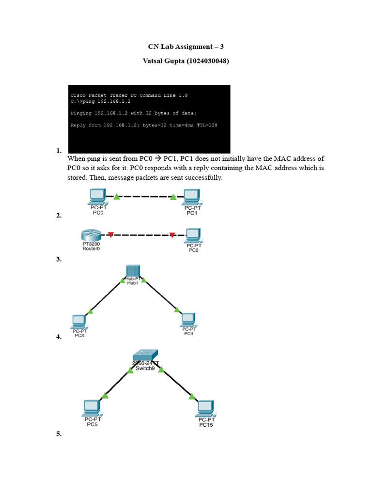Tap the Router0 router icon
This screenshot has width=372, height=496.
(91, 235)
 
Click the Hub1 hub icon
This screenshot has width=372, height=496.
(133, 271)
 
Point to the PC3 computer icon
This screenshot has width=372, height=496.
(79, 322)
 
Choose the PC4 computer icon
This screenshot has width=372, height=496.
(188, 320)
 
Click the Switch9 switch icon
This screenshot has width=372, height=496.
(145, 356)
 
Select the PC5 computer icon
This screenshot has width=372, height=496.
(92, 408)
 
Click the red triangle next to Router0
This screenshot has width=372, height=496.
(111, 235)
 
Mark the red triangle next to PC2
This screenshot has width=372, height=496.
(172, 235)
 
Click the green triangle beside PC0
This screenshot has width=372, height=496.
(117, 197)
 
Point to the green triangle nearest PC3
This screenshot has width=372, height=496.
(90, 311)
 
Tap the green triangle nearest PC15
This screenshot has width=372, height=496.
(192, 396)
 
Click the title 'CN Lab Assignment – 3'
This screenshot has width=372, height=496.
(186, 46)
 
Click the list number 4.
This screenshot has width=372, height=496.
(59, 337)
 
